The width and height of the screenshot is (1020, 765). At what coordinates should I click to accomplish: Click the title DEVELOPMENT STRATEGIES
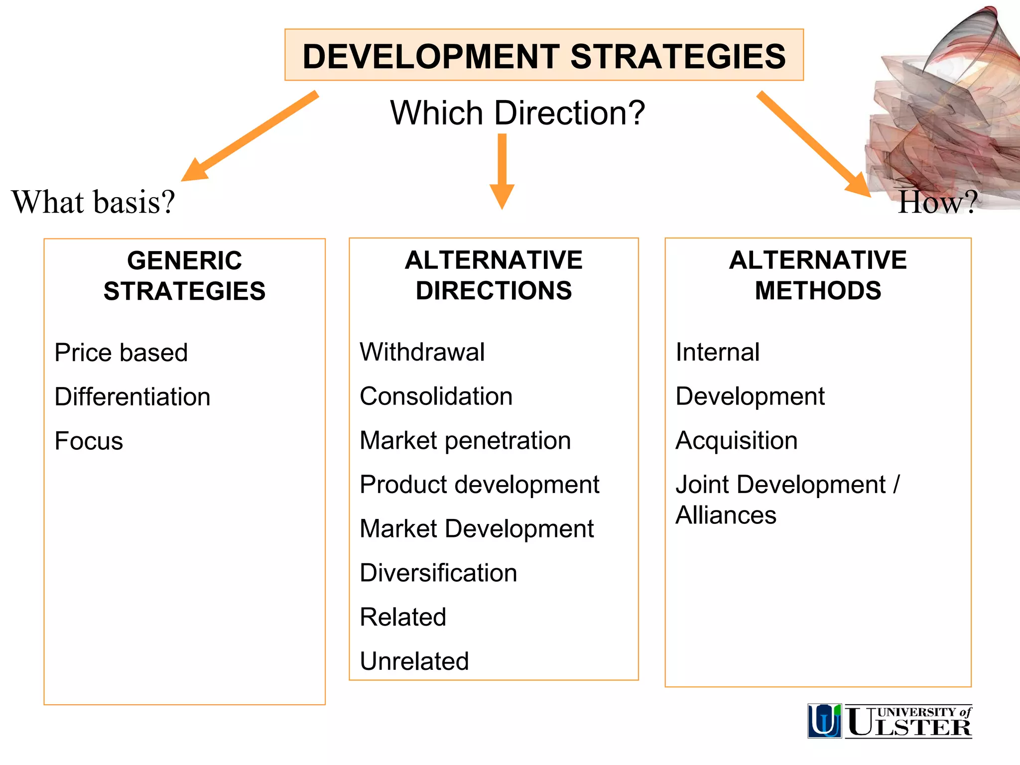(x=544, y=56)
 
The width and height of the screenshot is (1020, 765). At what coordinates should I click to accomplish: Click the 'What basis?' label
(x=93, y=202)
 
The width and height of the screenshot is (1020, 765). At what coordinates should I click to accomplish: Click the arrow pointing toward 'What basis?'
(x=249, y=136)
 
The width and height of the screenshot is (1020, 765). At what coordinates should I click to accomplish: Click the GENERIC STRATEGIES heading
(x=184, y=275)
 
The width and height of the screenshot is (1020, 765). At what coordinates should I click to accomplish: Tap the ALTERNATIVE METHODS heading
(x=818, y=275)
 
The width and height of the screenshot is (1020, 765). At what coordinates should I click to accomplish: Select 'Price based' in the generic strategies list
(x=121, y=353)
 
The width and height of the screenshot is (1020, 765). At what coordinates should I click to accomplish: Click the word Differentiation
(x=132, y=397)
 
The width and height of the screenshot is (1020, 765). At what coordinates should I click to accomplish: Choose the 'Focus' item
(x=89, y=441)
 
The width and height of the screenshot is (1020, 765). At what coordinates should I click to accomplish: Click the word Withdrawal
(x=422, y=352)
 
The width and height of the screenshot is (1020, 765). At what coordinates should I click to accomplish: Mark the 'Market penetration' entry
(x=465, y=441)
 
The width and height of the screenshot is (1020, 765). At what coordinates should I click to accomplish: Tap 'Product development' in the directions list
(x=479, y=485)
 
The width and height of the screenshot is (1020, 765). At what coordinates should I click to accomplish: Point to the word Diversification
(x=438, y=573)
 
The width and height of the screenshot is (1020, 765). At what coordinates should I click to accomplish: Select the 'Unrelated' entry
(x=414, y=661)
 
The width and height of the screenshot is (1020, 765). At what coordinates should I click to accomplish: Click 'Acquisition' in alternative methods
(x=736, y=441)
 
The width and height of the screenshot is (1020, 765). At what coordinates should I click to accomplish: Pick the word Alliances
(x=726, y=515)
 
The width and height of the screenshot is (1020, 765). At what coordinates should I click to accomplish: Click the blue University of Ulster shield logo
(x=824, y=721)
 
